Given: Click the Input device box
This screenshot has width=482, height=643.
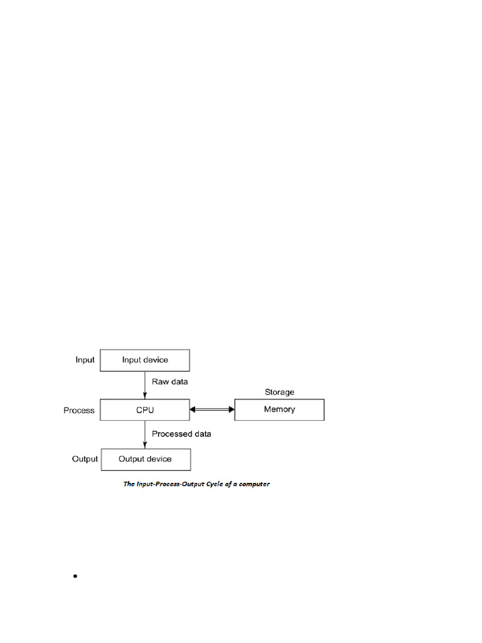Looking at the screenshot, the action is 145,360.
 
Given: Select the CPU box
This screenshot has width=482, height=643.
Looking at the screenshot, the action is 145,410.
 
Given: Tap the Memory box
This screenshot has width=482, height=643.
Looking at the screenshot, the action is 279,410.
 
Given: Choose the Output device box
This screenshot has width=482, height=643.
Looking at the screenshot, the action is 145,459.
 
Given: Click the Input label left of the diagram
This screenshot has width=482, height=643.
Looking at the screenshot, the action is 85,360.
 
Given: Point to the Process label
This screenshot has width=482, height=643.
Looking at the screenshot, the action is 79,411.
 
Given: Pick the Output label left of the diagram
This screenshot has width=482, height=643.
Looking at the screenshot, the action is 85,459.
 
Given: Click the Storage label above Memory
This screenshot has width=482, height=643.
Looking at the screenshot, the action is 279,392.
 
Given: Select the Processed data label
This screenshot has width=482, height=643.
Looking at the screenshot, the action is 181,434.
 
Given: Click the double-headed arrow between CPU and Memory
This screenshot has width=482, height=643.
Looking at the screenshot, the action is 212,409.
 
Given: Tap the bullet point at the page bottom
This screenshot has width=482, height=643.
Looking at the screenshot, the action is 75,576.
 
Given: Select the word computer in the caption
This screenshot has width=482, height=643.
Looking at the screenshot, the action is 254,484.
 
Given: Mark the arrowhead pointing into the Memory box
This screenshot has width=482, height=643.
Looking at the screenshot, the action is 230,409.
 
